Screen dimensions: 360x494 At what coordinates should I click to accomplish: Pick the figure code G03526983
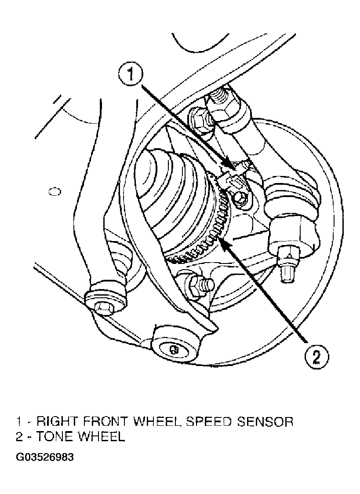click(45, 457)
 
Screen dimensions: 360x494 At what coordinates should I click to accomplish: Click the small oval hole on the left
click(55, 191)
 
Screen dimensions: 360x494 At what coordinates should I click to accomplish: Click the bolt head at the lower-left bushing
click(103, 307)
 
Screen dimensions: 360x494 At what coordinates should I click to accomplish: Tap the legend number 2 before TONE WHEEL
click(19, 437)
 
